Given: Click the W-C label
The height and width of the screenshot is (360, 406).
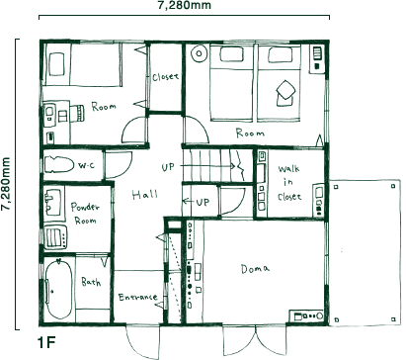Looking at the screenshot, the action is [x=86, y=165].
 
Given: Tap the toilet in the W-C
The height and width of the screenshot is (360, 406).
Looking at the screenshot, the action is [x=59, y=164].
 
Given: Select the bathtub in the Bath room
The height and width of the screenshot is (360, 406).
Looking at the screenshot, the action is [x=58, y=289].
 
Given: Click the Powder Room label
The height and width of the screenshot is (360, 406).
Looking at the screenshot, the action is [x=85, y=214].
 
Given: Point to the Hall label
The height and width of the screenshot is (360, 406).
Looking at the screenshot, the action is [x=144, y=195].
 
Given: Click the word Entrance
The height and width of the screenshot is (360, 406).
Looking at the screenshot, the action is [x=137, y=297].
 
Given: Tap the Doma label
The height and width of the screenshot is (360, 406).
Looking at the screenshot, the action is [x=255, y=269].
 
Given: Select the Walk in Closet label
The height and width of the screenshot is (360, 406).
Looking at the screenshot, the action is [x=289, y=183].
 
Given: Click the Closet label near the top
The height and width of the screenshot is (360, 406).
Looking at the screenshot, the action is [x=165, y=77].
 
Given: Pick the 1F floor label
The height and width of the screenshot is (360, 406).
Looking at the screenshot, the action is [x=47, y=343].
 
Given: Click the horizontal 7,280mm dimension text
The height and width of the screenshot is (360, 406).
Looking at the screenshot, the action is [x=184, y=5].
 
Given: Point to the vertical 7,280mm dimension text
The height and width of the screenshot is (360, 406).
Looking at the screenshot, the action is [x=6, y=184].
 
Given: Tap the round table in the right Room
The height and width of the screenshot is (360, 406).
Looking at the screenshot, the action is [x=199, y=54].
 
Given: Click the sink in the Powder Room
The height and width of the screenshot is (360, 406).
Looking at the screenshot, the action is [x=52, y=202].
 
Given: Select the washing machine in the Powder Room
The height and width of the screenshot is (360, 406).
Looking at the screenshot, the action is [x=55, y=237].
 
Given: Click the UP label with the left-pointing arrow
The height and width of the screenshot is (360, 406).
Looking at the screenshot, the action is [x=196, y=202].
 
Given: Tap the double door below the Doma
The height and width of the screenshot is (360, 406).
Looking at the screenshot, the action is [x=255, y=341].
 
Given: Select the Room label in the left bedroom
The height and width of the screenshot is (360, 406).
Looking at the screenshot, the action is [x=104, y=107].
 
